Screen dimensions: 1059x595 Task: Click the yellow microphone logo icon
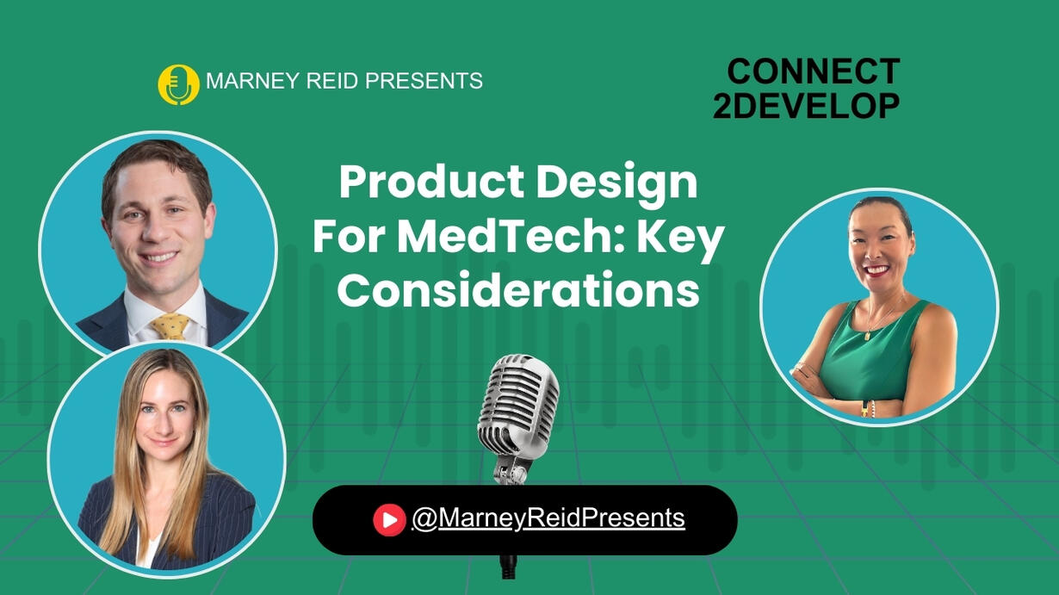point(178,84)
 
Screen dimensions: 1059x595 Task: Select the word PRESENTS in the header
point(424,80)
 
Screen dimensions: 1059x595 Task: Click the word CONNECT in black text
point(813,71)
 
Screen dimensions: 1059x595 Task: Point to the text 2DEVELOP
point(807,105)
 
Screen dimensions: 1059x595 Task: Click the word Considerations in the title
point(518,289)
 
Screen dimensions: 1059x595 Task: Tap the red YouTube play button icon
point(389,520)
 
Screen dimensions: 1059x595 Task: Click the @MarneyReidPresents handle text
point(548,518)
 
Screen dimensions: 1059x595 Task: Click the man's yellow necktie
point(170,326)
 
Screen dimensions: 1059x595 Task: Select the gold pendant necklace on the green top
point(867,335)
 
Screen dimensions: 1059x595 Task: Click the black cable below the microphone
point(509,567)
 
